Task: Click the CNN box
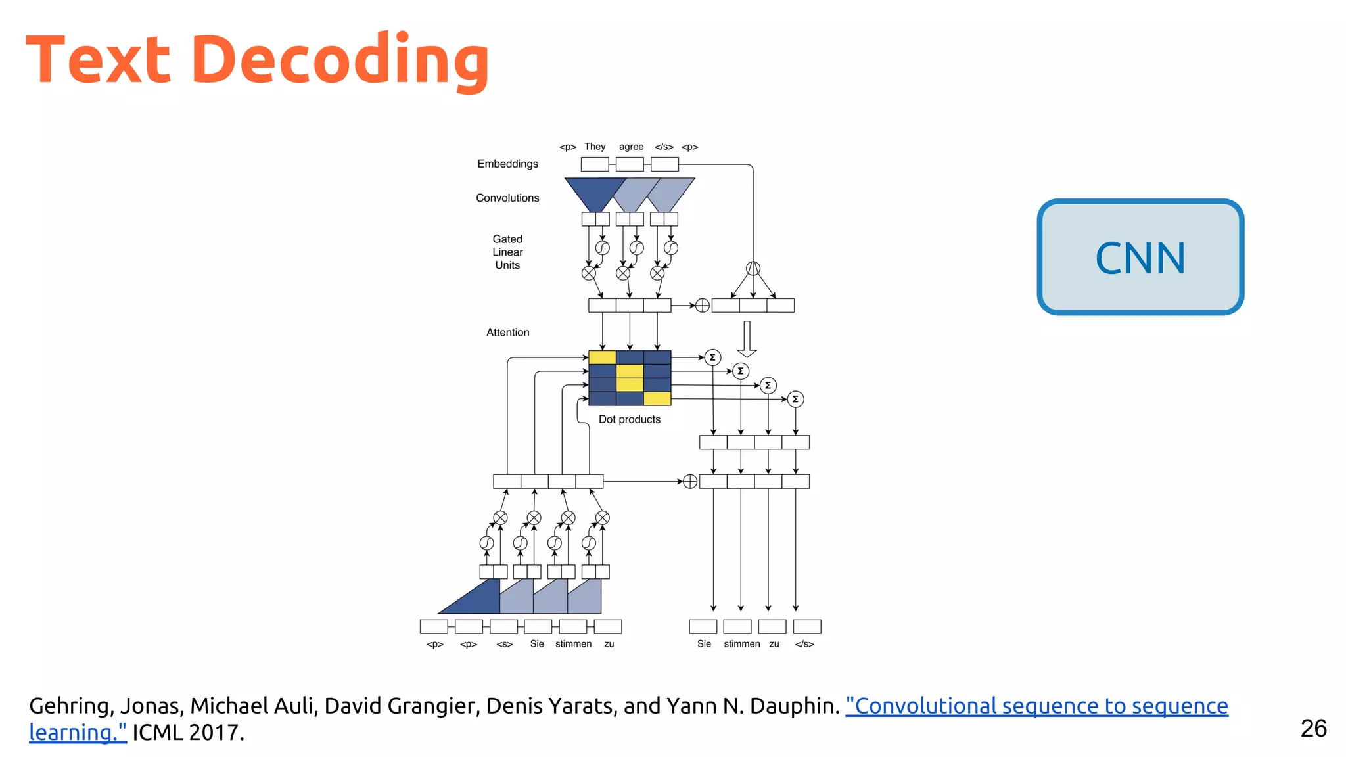[1140, 257]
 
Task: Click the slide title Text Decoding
[258, 60]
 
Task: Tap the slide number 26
[1313, 728]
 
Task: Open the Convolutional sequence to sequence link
[1036, 706]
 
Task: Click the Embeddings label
[507, 164]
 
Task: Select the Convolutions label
[507, 198]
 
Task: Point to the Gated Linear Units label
[507, 252]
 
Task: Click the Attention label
[507, 333]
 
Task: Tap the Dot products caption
[629, 419]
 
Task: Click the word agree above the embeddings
[631, 147]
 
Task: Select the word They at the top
[595, 147]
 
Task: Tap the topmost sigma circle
[712, 357]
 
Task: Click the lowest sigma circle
[795, 399]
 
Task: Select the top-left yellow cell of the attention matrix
[602, 357]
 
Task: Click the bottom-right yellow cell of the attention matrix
[657, 398]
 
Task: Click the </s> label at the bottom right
[804, 644]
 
